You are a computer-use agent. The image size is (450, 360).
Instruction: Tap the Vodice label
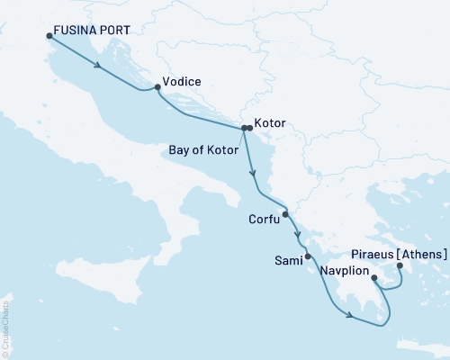182,81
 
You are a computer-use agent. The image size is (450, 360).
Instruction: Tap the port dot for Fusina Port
48,36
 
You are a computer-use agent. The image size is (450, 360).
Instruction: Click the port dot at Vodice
157,87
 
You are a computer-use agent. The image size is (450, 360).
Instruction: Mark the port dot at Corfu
285,214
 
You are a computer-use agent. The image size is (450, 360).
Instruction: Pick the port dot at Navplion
374,279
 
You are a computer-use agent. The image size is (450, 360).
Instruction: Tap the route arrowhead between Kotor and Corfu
254,174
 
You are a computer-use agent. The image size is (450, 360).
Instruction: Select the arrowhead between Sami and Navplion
348,312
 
